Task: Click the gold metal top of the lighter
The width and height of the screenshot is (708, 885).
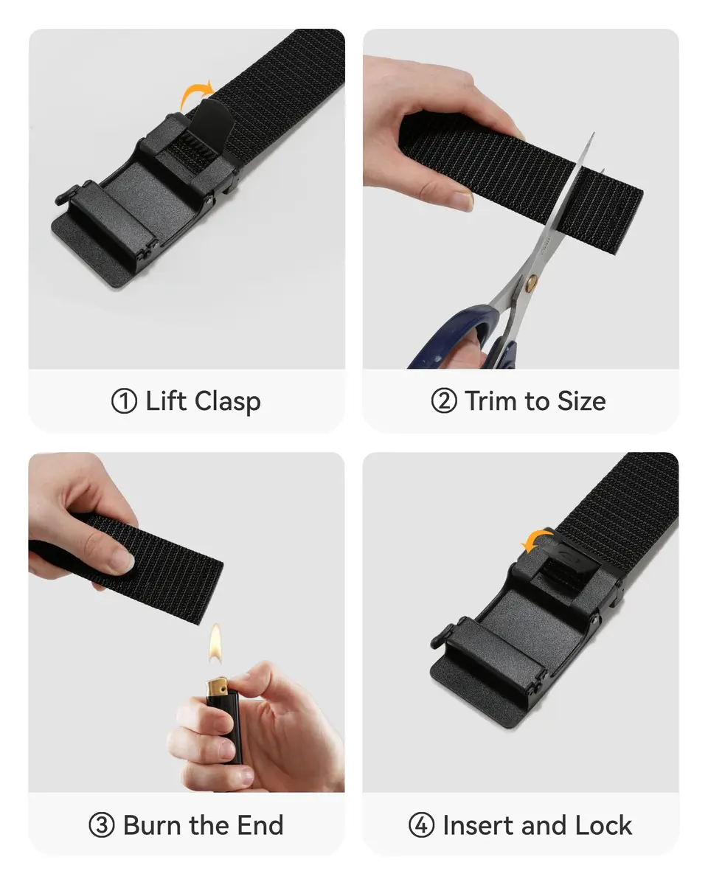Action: (217, 684)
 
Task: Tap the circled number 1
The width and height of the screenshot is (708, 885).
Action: (124, 401)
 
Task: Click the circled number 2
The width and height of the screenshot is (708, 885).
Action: (443, 401)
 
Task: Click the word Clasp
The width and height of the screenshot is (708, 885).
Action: (227, 402)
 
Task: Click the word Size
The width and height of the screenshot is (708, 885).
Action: (581, 400)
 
